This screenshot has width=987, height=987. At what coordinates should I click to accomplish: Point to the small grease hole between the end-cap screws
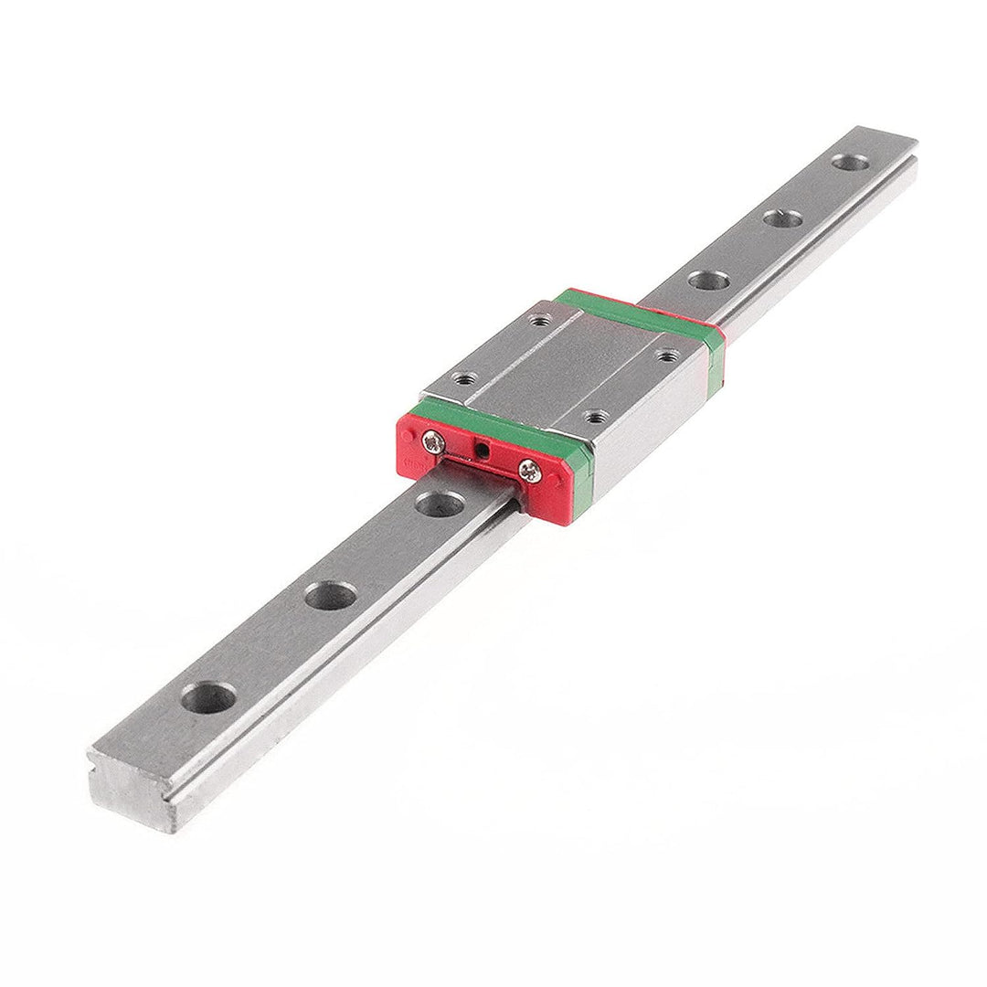(x=481, y=450)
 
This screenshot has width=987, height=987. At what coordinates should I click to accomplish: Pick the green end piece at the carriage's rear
(x=640, y=311)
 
